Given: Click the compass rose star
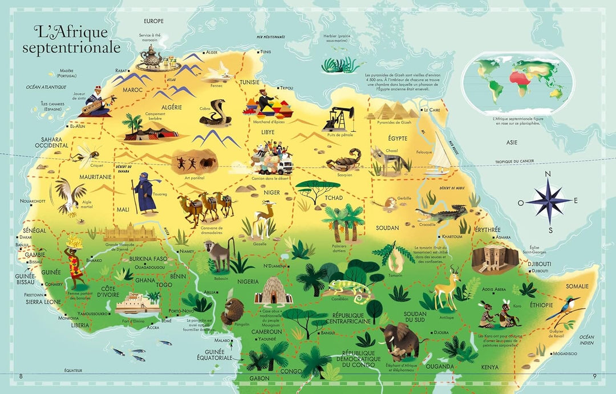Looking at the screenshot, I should point(548,201).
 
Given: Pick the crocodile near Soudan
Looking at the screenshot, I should point(442,214).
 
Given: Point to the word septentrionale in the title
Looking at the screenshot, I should point(71,48).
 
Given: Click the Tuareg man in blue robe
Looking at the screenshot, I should point(144,194).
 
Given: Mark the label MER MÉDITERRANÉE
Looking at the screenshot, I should point(270,36).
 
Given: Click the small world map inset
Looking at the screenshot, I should point(517,83).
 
